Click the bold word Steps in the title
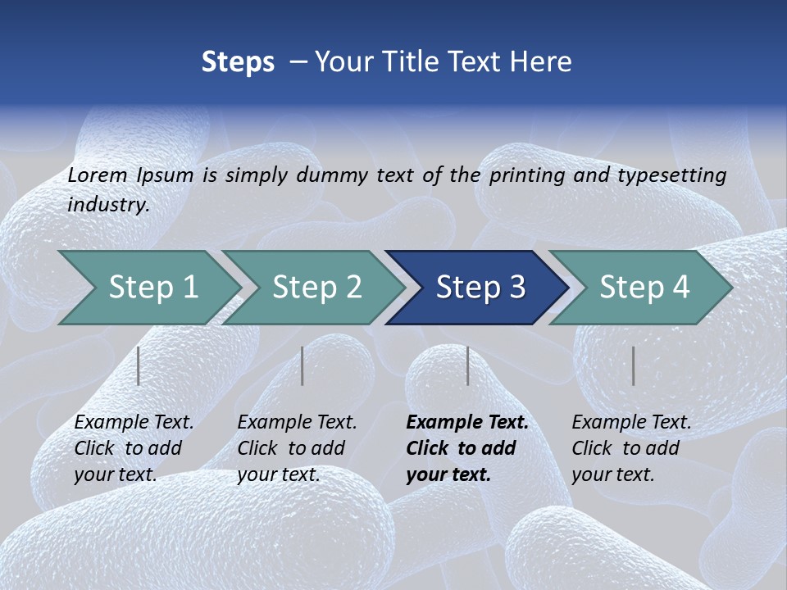pos(238,62)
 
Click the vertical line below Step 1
pos(139,365)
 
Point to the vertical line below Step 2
pos(303,365)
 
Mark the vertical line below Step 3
pos(467,365)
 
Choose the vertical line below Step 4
pos(633,365)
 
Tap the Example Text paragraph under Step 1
pos(134,448)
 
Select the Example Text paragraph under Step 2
pos(297,448)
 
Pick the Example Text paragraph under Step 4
pos(631,448)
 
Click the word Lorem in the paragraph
pos(98,175)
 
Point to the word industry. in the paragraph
pos(108,205)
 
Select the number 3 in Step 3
pos(516,288)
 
